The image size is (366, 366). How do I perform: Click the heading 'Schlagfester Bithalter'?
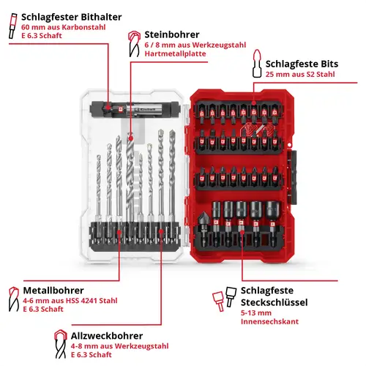tap(71, 17)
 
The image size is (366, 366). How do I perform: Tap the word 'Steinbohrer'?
tap(172, 34)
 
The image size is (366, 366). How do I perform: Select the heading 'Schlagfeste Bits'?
tap(302, 64)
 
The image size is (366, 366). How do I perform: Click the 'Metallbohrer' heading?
tap(53, 291)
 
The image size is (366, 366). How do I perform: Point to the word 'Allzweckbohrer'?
tap(107, 336)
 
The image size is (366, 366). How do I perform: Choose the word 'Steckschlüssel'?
tap(274, 302)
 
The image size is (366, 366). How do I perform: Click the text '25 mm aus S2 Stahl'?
tap(300, 75)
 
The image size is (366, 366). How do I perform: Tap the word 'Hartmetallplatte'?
tap(175, 53)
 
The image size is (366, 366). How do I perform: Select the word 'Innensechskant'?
tap(269, 321)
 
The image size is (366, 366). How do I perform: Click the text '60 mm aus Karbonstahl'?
tap(64, 27)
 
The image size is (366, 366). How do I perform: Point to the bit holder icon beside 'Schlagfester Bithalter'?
tap(13, 26)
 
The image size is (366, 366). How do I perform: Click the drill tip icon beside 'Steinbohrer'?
tap(134, 44)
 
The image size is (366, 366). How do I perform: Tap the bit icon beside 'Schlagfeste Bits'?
tap(257, 64)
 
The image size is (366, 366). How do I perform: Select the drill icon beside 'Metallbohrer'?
tap(14, 299)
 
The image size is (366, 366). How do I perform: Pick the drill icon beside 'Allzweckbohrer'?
tap(61, 344)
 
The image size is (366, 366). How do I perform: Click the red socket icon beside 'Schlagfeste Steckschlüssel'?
tap(218, 301)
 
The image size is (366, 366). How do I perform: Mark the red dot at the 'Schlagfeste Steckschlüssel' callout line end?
tap(242, 232)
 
